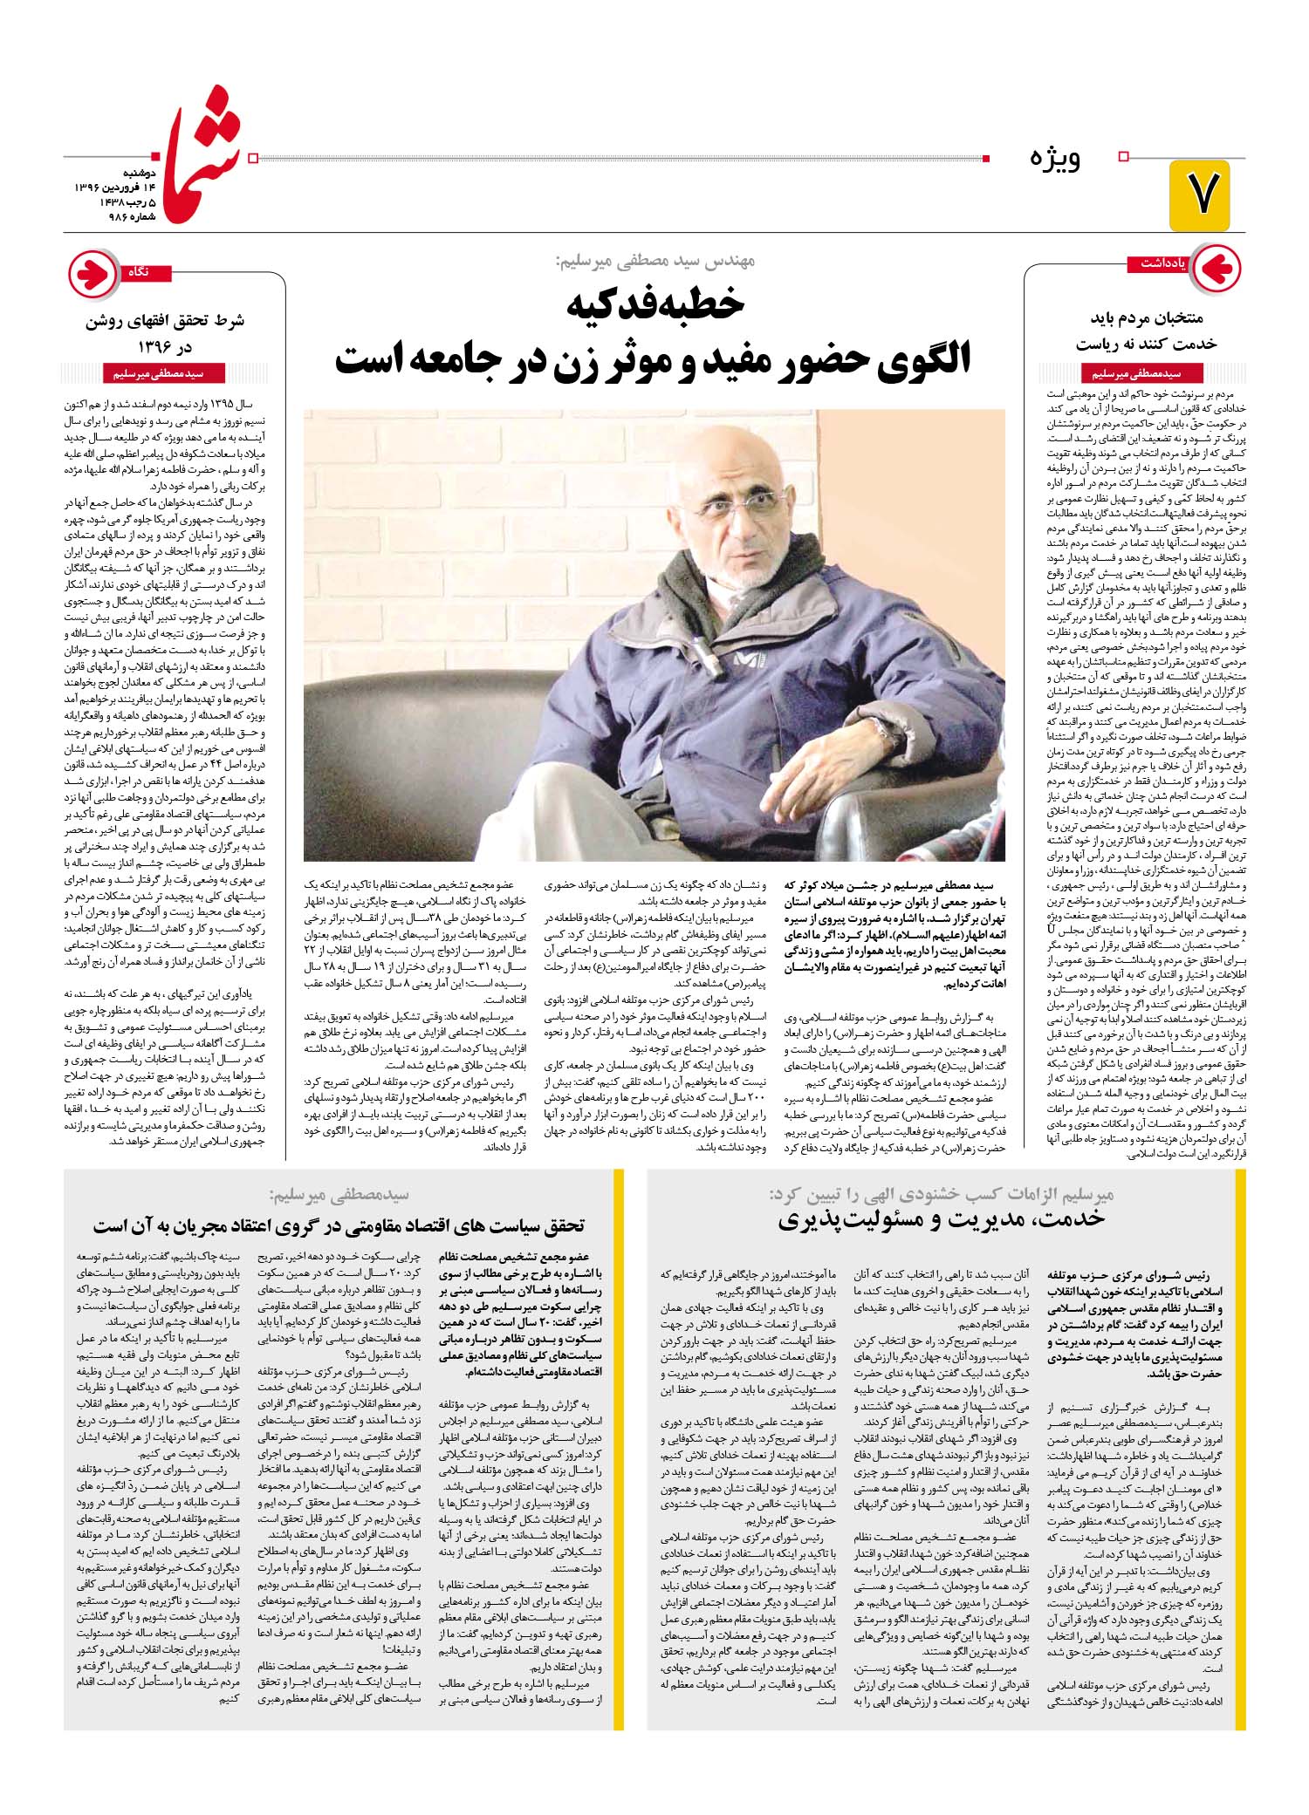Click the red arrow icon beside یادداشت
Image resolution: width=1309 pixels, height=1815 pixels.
(x=1216, y=267)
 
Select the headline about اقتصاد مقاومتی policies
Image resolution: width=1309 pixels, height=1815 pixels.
(x=339, y=1225)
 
